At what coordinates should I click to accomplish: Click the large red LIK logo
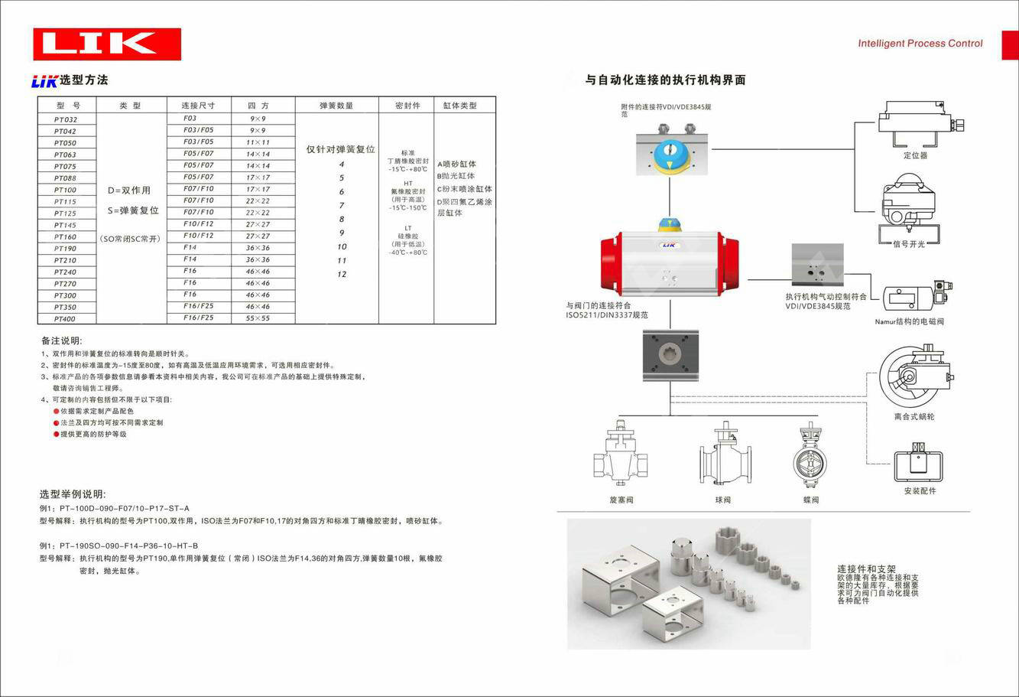click(x=107, y=44)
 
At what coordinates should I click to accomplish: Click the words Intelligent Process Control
click(x=920, y=44)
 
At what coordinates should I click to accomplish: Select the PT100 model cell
click(x=65, y=190)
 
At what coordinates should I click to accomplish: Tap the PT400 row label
click(x=65, y=318)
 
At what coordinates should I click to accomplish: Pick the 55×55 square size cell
click(x=258, y=318)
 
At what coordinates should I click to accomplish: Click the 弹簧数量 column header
click(x=336, y=105)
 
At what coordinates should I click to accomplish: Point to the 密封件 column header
click(x=407, y=105)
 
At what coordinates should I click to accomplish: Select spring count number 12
click(x=342, y=274)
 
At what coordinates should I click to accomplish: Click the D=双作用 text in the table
click(x=129, y=190)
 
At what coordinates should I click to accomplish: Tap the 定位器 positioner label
click(x=914, y=155)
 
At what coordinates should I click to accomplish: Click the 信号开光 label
click(x=909, y=244)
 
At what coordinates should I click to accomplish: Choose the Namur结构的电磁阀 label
click(x=909, y=321)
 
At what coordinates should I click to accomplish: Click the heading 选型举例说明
click(x=73, y=494)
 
